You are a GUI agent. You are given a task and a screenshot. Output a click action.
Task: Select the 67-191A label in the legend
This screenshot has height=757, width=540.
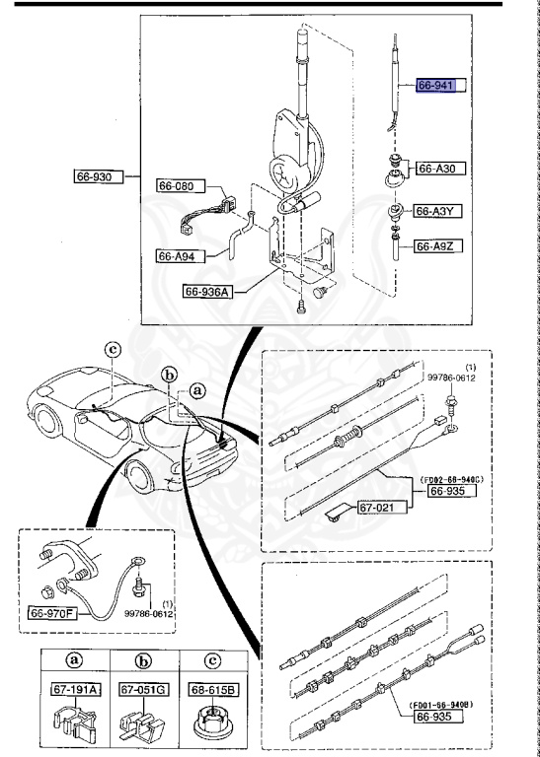point(73,691)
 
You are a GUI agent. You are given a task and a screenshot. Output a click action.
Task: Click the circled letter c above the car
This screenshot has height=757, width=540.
point(114,349)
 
